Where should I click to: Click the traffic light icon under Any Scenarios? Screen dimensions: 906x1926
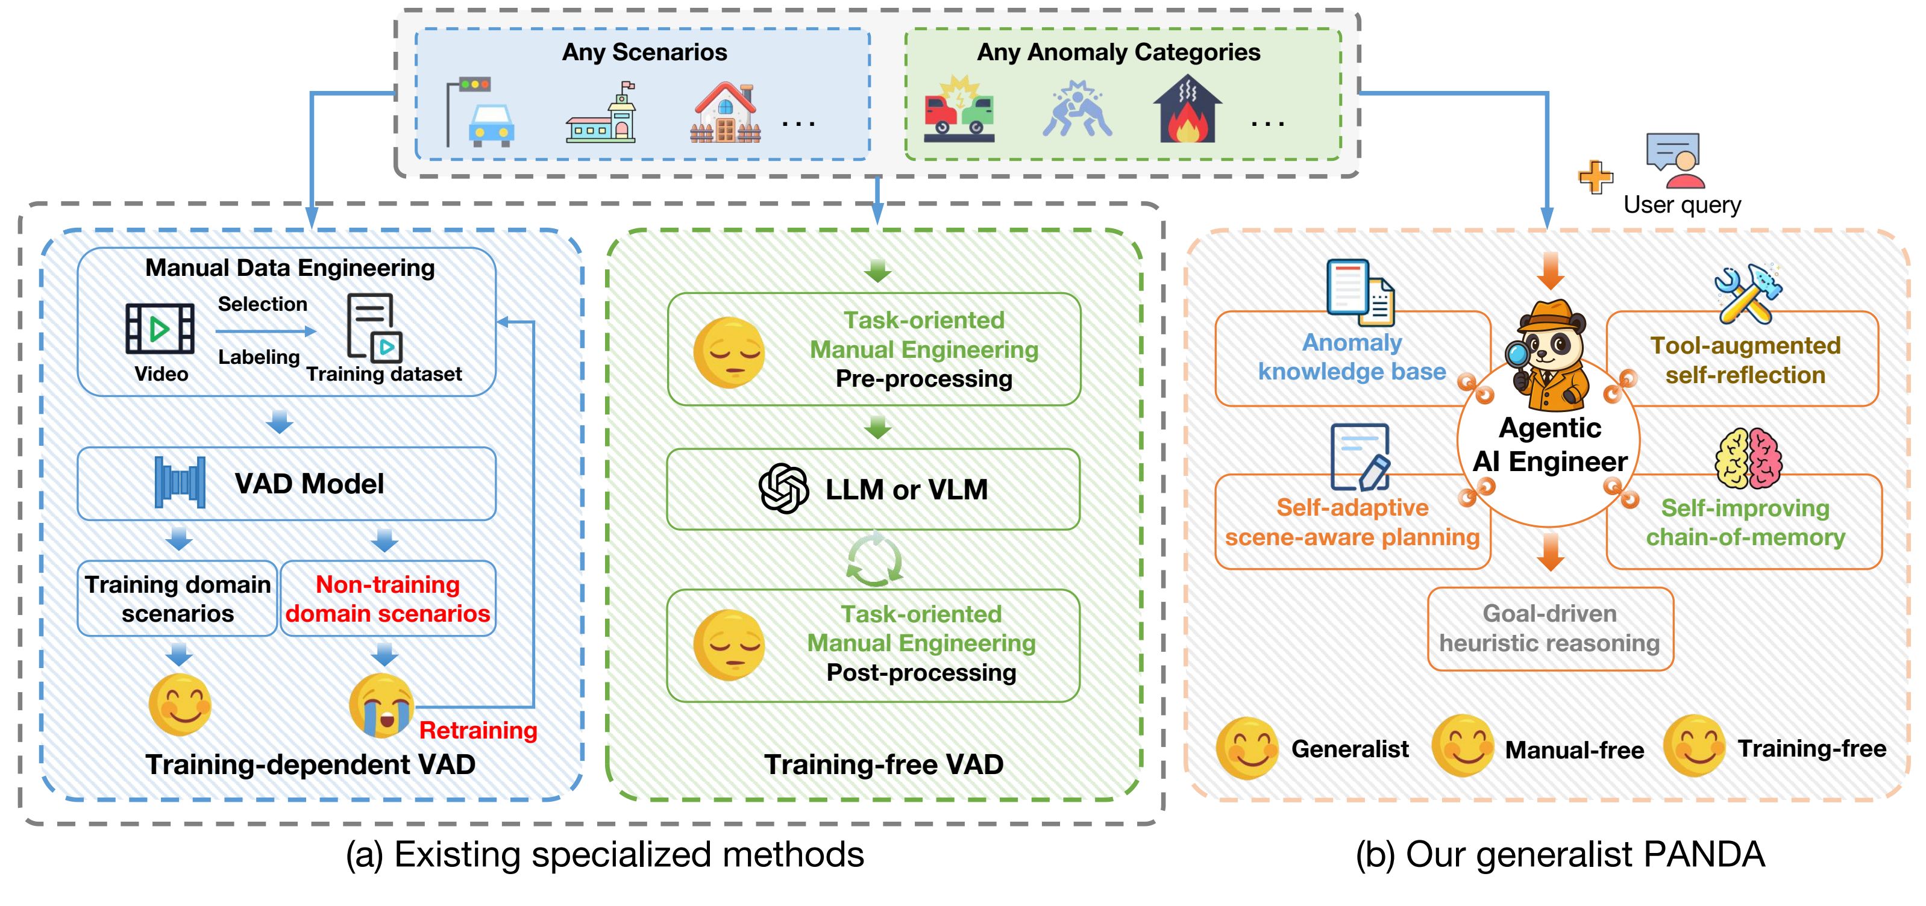click(x=478, y=112)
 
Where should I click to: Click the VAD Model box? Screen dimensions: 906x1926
click(x=286, y=484)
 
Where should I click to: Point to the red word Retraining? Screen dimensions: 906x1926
click(x=478, y=730)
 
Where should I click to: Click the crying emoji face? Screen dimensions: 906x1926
click(x=382, y=705)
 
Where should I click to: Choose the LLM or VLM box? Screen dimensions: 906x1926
click(x=873, y=490)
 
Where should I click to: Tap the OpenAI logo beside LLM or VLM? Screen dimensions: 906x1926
click(x=783, y=489)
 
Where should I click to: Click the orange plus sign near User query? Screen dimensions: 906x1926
click(x=1596, y=177)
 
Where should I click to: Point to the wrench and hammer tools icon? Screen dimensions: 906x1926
click(x=1746, y=294)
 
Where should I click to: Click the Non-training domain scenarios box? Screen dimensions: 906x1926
click(x=388, y=599)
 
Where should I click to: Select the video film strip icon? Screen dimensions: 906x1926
click(x=160, y=328)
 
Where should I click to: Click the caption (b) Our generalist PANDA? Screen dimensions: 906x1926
click(x=1560, y=854)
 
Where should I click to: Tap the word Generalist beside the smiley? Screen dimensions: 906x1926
click(x=1349, y=749)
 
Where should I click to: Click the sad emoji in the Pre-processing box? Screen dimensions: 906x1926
click(x=729, y=352)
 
